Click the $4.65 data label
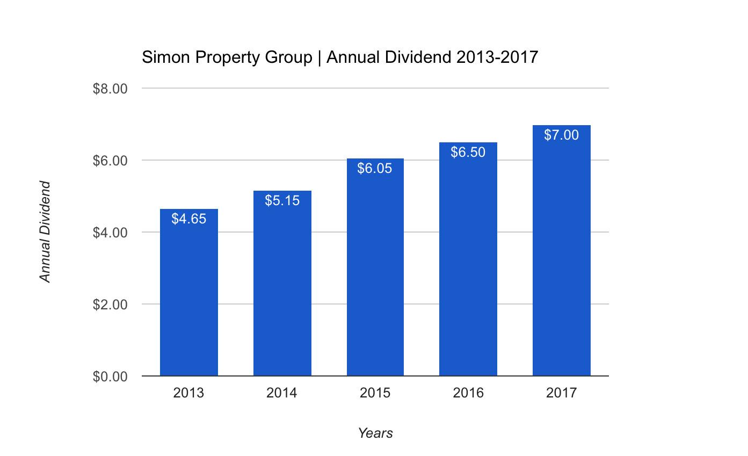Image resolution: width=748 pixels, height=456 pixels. pos(188,219)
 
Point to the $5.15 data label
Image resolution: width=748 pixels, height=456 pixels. pos(282,200)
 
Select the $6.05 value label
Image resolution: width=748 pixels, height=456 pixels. pos(375,168)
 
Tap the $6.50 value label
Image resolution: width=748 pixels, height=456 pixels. pos(468,152)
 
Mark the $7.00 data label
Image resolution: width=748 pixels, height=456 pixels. pos(561,135)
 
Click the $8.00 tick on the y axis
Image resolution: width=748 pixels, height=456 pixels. pos(110,89)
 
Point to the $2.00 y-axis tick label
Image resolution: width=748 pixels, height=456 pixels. pos(110,305)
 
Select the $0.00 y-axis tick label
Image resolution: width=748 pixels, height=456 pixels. pos(110,377)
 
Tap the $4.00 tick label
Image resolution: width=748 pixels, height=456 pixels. pos(110,233)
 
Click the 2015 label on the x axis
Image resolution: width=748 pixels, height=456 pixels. pos(375,393)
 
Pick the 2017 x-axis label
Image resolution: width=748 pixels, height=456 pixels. pos(561,393)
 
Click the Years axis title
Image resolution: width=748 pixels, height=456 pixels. pos(375,433)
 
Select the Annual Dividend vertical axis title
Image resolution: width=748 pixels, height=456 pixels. pos(45,231)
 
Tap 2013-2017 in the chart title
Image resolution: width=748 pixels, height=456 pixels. pos(497,57)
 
